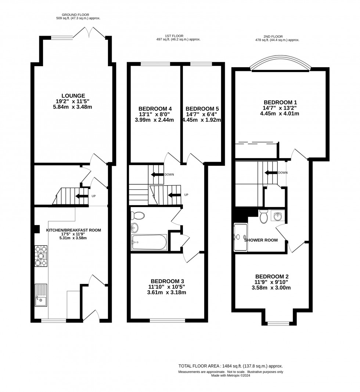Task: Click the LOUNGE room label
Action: pyautogui.click(x=73, y=96)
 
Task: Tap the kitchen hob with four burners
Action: pyautogui.click(x=42, y=256)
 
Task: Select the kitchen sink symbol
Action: pyautogui.click(x=41, y=295)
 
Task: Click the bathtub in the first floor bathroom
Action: pyautogui.click(x=149, y=242)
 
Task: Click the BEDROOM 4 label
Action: pyautogui.click(x=155, y=109)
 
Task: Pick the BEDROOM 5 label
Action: pyautogui.click(x=202, y=109)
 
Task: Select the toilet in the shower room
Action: pyautogui.click(x=263, y=217)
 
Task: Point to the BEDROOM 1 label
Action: pyautogui.click(x=280, y=102)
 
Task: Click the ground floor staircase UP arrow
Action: pyautogui.click(x=80, y=196)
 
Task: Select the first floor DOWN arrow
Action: pyautogui.click(x=157, y=174)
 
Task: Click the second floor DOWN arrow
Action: pyautogui.click(x=271, y=172)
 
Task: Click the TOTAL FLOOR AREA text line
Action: pyautogui.click(x=230, y=366)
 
